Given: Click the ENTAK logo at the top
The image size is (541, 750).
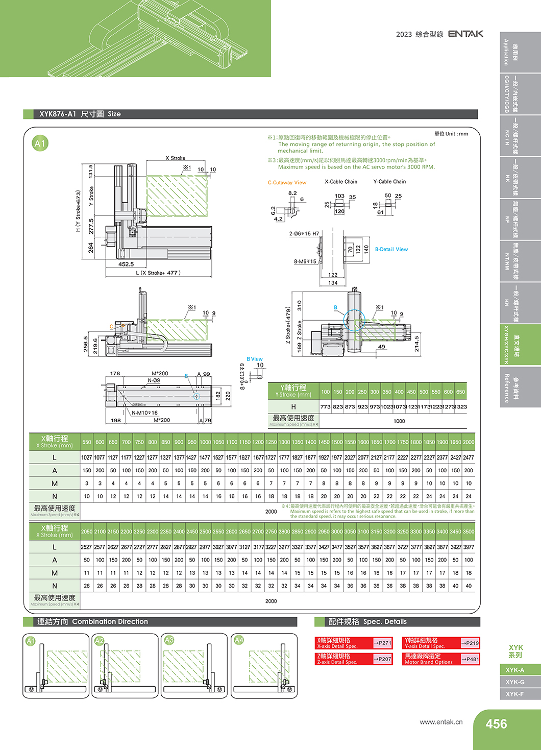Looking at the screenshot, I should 465,34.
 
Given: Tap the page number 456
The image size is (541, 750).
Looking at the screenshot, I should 496,724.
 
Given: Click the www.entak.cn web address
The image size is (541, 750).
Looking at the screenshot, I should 441,721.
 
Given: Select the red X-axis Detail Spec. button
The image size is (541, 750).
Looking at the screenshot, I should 354,643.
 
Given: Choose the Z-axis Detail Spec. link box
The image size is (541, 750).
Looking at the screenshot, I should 354,659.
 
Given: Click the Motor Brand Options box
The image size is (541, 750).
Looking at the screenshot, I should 441,659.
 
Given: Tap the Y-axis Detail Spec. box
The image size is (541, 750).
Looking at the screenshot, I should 441,643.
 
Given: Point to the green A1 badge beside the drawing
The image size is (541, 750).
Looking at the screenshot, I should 40,143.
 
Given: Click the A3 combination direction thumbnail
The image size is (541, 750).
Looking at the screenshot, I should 194,665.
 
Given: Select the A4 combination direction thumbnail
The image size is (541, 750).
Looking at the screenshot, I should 264,665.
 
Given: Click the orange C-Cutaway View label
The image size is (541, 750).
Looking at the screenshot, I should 287,182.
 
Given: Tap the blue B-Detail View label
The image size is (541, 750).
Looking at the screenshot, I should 391,249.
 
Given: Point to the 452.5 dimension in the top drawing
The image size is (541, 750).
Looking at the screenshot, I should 126,264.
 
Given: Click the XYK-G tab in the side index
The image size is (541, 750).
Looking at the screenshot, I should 515,682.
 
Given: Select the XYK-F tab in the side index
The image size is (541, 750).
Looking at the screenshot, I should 515,694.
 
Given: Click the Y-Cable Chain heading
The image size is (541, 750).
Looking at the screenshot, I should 389,182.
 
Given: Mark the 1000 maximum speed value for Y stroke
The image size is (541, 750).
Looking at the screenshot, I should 399,421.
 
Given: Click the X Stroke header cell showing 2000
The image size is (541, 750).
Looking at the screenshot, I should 468,442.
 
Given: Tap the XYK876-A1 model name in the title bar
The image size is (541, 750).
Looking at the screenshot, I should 58,114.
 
